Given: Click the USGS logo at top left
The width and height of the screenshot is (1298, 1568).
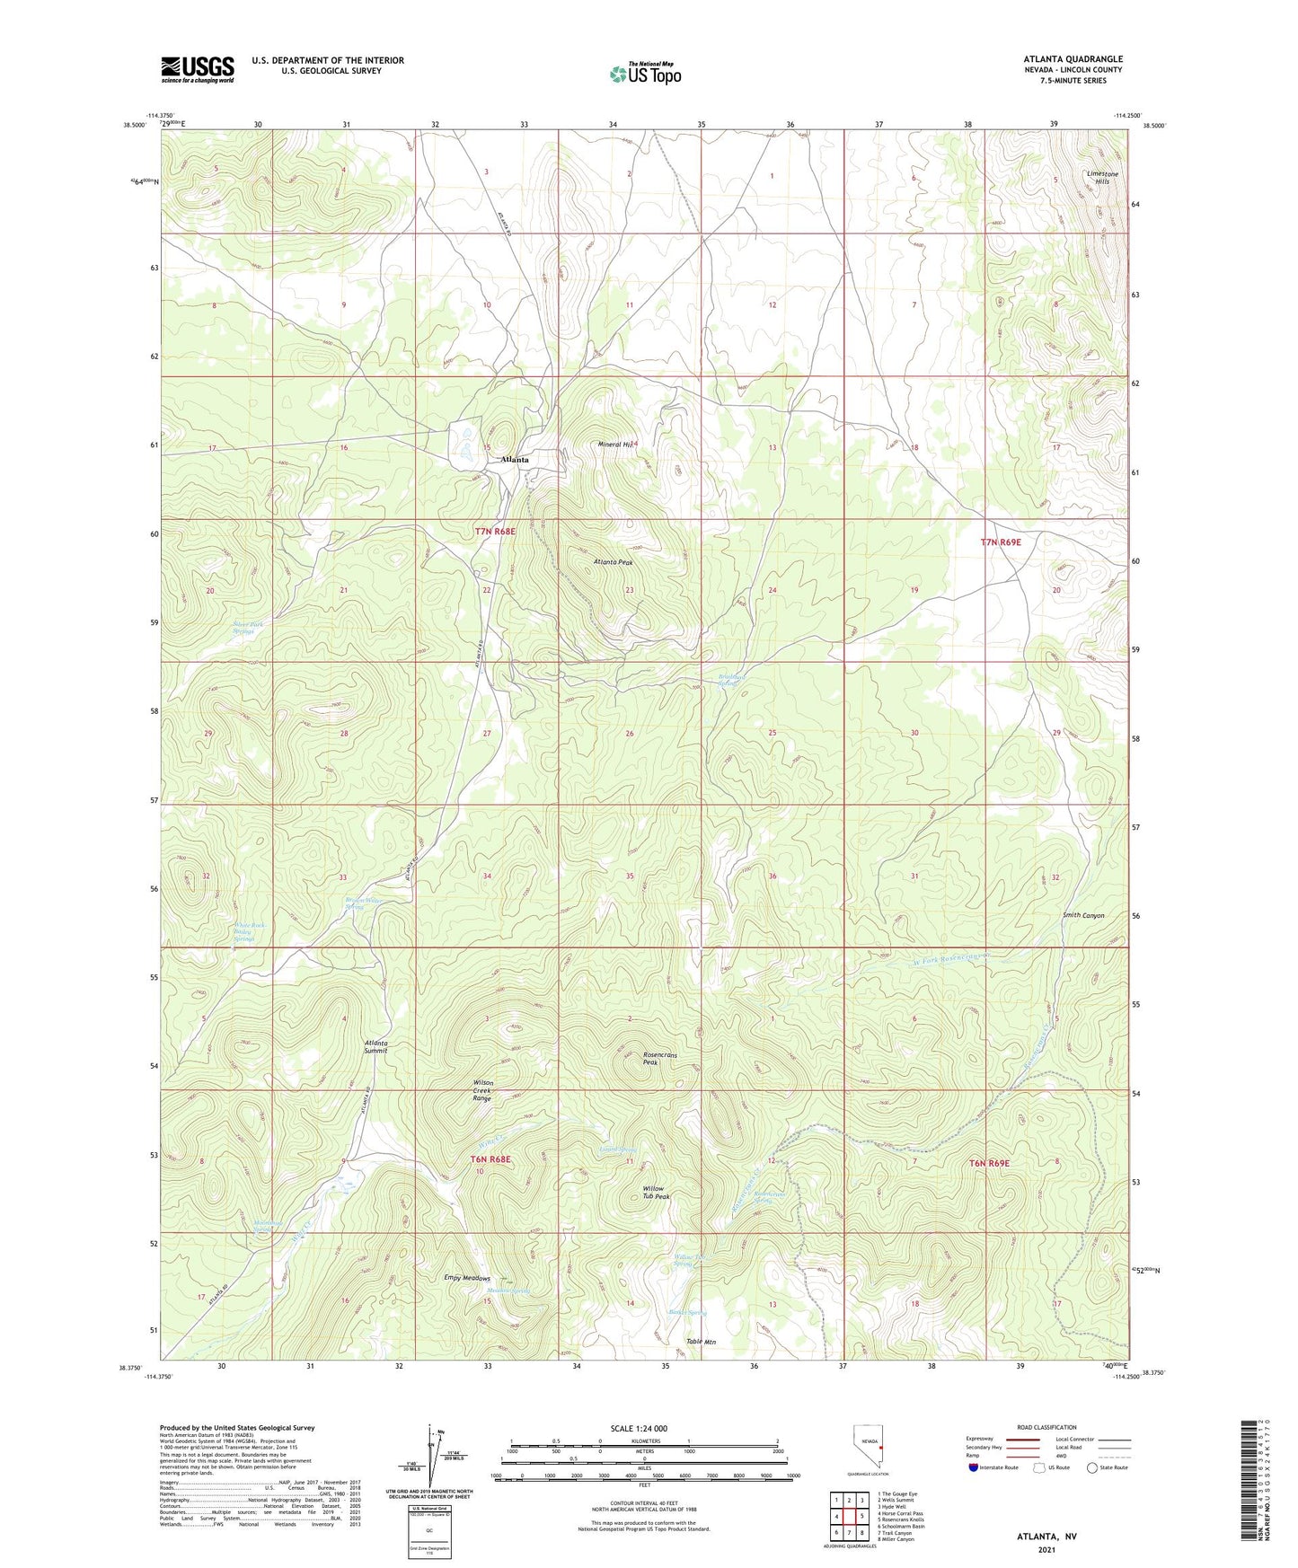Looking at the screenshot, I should click(x=198, y=69).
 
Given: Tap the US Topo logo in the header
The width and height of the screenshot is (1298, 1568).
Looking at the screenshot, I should click(x=645, y=73).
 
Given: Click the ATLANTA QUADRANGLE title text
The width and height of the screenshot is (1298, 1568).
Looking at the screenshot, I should click(x=1073, y=59).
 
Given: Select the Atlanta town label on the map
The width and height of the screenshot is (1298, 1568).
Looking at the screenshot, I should click(x=515, y=460).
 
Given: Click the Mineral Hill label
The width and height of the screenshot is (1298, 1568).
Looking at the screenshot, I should click(x=617, y=445).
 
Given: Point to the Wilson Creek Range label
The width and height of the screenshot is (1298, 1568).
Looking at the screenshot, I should click(x=482, y=1090).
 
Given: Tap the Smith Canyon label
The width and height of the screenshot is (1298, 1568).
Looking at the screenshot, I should click(x=1083, y=915).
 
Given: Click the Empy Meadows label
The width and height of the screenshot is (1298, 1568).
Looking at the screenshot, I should click(x=467, y=1278).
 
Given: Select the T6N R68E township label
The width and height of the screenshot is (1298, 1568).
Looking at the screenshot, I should click(x=490, y=1159).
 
